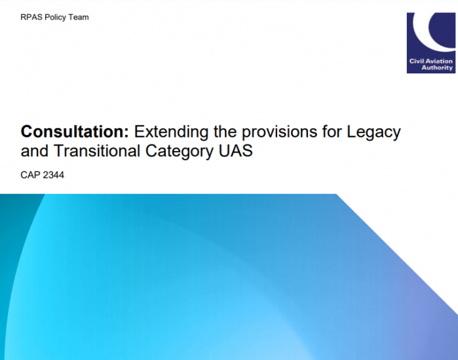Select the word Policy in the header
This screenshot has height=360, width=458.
pos(55,18)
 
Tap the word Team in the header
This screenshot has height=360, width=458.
pos(78,17)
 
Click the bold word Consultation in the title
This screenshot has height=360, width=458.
pos(73,132)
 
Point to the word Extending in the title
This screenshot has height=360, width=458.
pos(171,132)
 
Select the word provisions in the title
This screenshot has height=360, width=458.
pos(279,132)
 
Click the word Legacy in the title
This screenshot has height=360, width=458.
pos(373,132)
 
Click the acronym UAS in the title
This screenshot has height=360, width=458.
pos(236,151)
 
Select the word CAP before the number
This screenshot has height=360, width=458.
pos(30,175)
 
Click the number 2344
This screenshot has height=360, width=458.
pos(53,175)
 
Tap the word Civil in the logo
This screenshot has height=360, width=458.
pos(415,62)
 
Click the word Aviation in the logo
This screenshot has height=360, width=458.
pos(438,62)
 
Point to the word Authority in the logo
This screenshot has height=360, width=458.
pos(437,67)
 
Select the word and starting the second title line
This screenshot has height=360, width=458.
pos(35,151)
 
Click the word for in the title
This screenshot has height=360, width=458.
pos(332,132)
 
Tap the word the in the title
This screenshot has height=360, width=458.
pos(225,132)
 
